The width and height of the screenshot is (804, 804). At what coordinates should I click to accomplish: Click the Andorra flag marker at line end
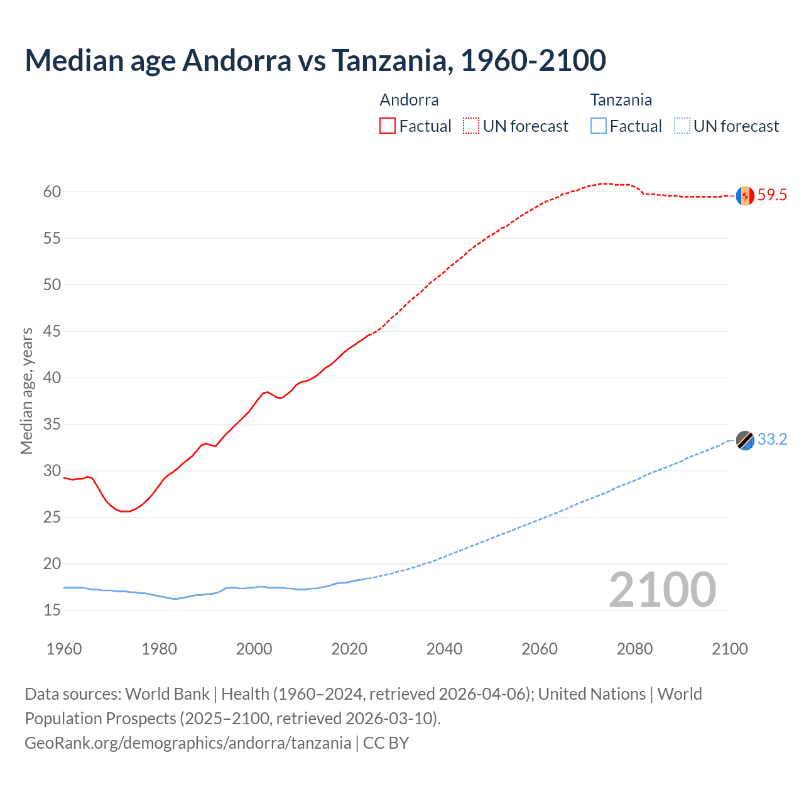coord(745,196)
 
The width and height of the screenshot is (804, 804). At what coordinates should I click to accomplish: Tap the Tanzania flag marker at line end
coord(745,440)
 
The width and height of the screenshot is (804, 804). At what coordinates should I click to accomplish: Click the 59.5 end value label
coord(772,195)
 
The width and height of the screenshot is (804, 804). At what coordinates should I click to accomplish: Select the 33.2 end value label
coord(772,440)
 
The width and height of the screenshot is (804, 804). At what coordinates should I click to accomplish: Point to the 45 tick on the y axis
coord(52,331)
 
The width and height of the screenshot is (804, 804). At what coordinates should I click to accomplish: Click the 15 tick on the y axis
coord(52,610)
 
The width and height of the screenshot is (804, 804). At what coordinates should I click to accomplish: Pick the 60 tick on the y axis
coord(52,192)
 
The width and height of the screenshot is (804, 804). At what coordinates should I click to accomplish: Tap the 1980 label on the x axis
coord(159,649)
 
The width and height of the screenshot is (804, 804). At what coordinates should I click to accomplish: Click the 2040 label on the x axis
coord(444,649)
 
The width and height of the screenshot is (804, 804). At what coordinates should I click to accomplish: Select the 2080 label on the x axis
coord(634,649)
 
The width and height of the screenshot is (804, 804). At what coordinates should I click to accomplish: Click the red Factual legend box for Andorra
coord(388,126)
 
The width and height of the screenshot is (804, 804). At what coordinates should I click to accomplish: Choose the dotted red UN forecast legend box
coord(471,126)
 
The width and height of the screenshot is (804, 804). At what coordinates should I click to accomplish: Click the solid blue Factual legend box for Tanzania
coord(599,126)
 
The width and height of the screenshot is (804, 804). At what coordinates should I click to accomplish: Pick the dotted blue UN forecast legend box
coord(682,126)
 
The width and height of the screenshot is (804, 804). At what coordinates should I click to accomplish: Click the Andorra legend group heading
coord(409,100)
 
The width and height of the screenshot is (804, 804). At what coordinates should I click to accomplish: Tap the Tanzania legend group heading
coord(621,100)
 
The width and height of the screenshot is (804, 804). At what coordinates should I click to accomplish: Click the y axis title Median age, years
coord(26,391)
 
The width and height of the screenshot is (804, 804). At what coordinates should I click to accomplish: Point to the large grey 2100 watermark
coord(663,589)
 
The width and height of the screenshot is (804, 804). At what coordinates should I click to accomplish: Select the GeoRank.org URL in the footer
coord(188,743)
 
